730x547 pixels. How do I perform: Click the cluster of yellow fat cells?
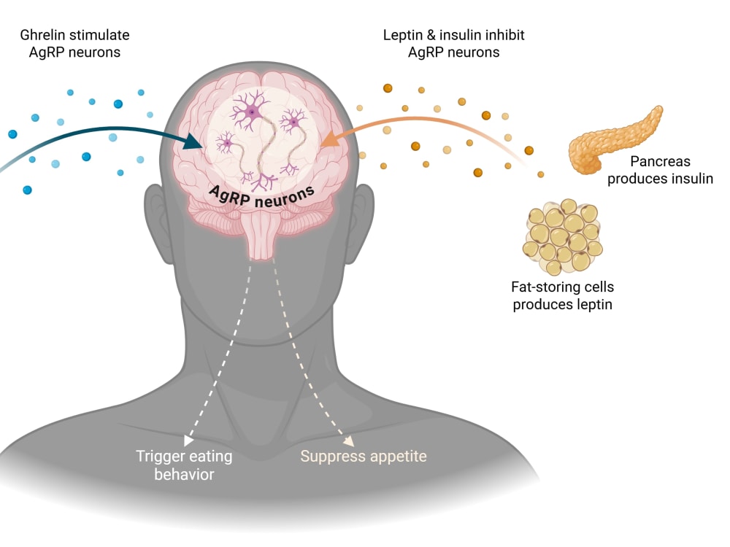[562, 237]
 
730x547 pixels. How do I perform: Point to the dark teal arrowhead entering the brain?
[192, 140]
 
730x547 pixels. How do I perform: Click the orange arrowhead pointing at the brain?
[330, 138]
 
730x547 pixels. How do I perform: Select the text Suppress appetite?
[364, 457]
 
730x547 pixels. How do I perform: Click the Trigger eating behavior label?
[185, 465]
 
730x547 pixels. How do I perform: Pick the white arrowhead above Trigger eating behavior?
[188, 440]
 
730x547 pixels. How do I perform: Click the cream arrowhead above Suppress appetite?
[349, 441]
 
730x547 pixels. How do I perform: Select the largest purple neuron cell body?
[252, 112]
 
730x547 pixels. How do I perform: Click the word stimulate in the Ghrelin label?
[101, 35]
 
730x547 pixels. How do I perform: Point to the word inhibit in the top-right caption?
[505, 35]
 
